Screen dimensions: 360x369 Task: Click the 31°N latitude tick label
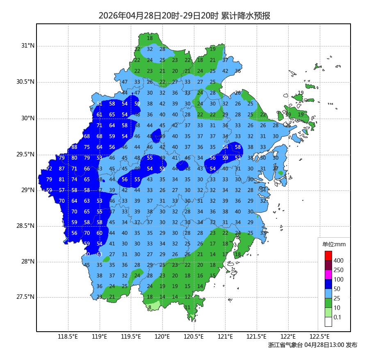[x=28, y=46]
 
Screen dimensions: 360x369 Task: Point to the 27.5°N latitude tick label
[x=25, y=297]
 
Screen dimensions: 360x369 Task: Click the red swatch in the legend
[x=328, y=255]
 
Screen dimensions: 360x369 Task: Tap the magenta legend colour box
[x=328, y=274]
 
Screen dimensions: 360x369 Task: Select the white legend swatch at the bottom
[x=328, y=322]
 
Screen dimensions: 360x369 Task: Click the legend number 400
[x=338, y=261]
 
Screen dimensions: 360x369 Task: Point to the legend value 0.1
[x=337, y=317]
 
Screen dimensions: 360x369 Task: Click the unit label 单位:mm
[x=334, y=245]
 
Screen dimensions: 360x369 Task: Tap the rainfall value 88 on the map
[x=74, y=147]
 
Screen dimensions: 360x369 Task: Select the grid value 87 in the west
[x=62, y=169]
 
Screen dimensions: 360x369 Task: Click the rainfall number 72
[x=49, y=169]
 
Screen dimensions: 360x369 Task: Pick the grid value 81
[x=62, y=179]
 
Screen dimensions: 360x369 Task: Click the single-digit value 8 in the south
[x=150, y=307]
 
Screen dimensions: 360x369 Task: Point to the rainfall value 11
[x=187, y=307]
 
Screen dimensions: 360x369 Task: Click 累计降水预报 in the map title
[x=246, y=16]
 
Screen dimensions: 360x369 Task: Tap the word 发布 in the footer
[x=351, y=345]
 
